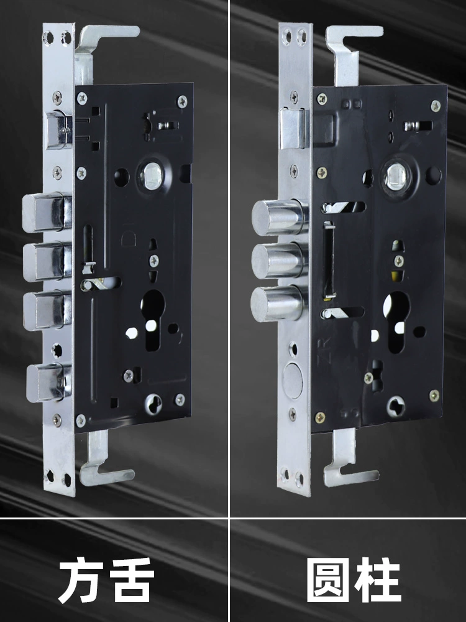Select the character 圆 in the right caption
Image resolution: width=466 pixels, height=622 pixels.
click(329, 580)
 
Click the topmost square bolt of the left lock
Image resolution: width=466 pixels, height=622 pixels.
click(47, 213)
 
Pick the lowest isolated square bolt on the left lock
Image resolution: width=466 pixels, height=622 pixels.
click(48, 382)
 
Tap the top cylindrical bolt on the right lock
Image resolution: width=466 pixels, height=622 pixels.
click(280, 217)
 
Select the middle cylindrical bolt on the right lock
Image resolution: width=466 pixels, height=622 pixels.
click(280, 260)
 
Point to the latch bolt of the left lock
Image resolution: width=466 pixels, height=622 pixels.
click(59, 131)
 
